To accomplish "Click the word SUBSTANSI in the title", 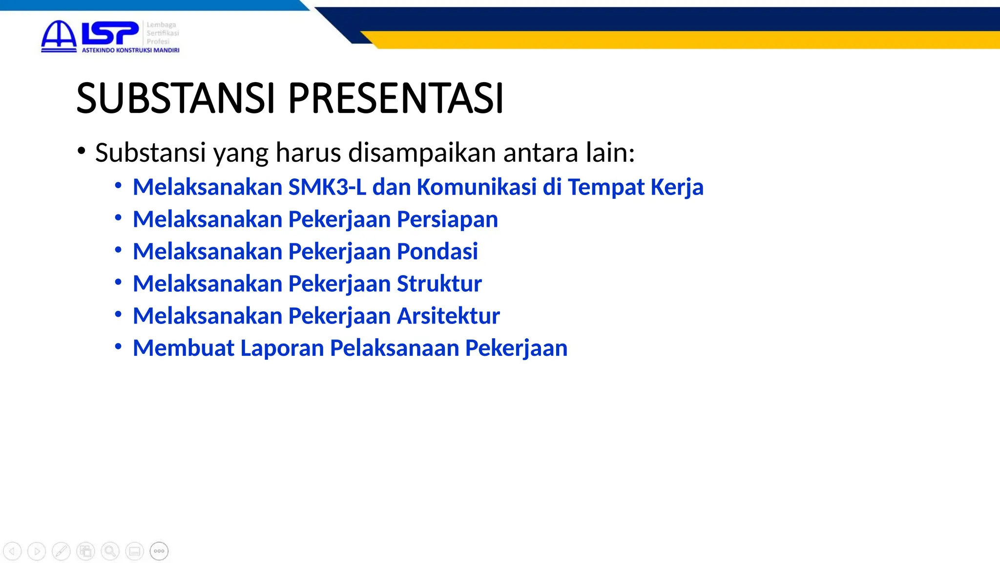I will coord(176,98).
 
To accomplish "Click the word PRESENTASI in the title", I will coord(396,98).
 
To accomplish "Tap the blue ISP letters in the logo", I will coord(110,33).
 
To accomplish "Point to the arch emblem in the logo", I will coord(59,35).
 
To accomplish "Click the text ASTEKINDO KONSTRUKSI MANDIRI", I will coord(130,50).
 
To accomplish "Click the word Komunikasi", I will coord(477,187).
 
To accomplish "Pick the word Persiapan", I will coord(447,219).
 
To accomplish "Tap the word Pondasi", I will coord(437,252).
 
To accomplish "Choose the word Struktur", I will coord(439,284).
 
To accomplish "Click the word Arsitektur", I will coord(448,316).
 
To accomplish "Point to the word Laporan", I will coord(282,348).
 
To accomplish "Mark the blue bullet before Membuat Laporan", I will coord(118,346).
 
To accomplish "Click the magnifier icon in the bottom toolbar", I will coord(110,551).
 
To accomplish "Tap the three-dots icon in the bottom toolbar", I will coord(159,551).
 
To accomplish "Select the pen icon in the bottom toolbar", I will coord(61,551).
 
